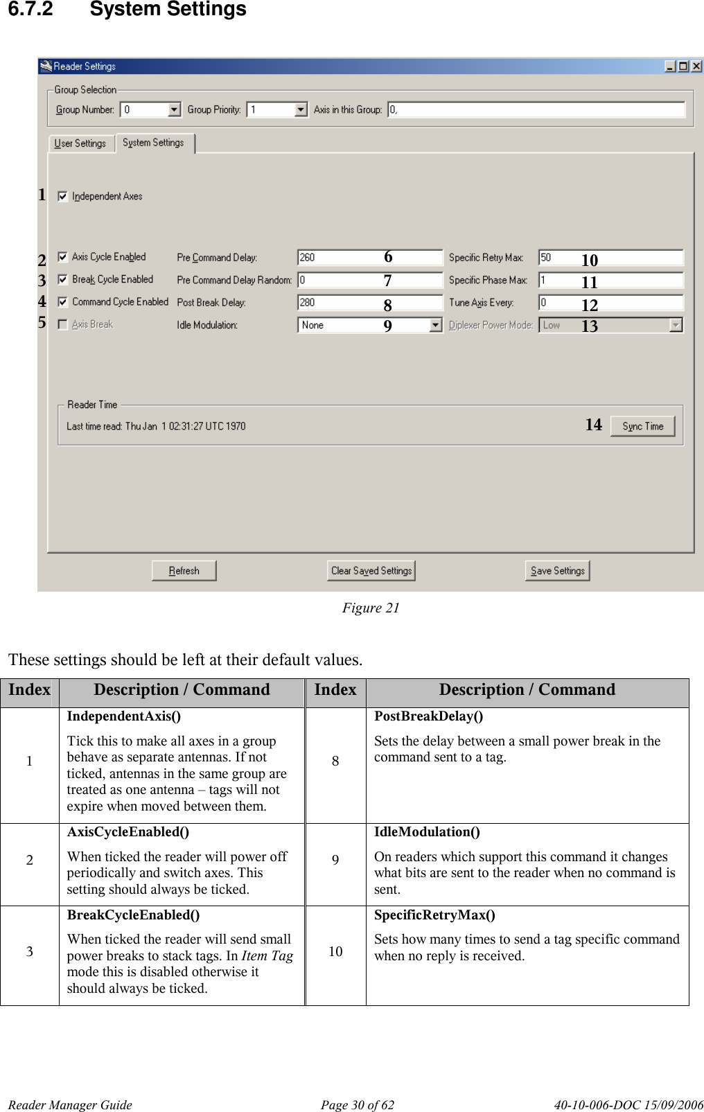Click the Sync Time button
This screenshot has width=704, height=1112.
point(642,426)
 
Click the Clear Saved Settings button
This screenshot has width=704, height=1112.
point(371,571)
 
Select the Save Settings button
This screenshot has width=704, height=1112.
point(557,571)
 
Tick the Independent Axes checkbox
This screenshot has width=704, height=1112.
point(63,197)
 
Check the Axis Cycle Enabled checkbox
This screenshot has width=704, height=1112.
point(63,257)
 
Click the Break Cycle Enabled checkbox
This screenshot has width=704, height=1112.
point(63,279)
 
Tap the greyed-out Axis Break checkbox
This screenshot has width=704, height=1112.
point(63,324)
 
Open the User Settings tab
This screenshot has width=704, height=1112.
point(80,143)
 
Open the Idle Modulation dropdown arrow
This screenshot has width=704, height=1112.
point(435,325)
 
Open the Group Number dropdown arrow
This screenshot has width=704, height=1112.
point(174,109)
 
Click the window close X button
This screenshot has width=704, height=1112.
point(696,67)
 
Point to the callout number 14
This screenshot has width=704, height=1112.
point(593,425)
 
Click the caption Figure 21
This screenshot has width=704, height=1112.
point(371,608)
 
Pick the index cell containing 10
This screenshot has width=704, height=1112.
point(335,951)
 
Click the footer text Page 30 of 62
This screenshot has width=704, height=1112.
point(357,1104)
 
